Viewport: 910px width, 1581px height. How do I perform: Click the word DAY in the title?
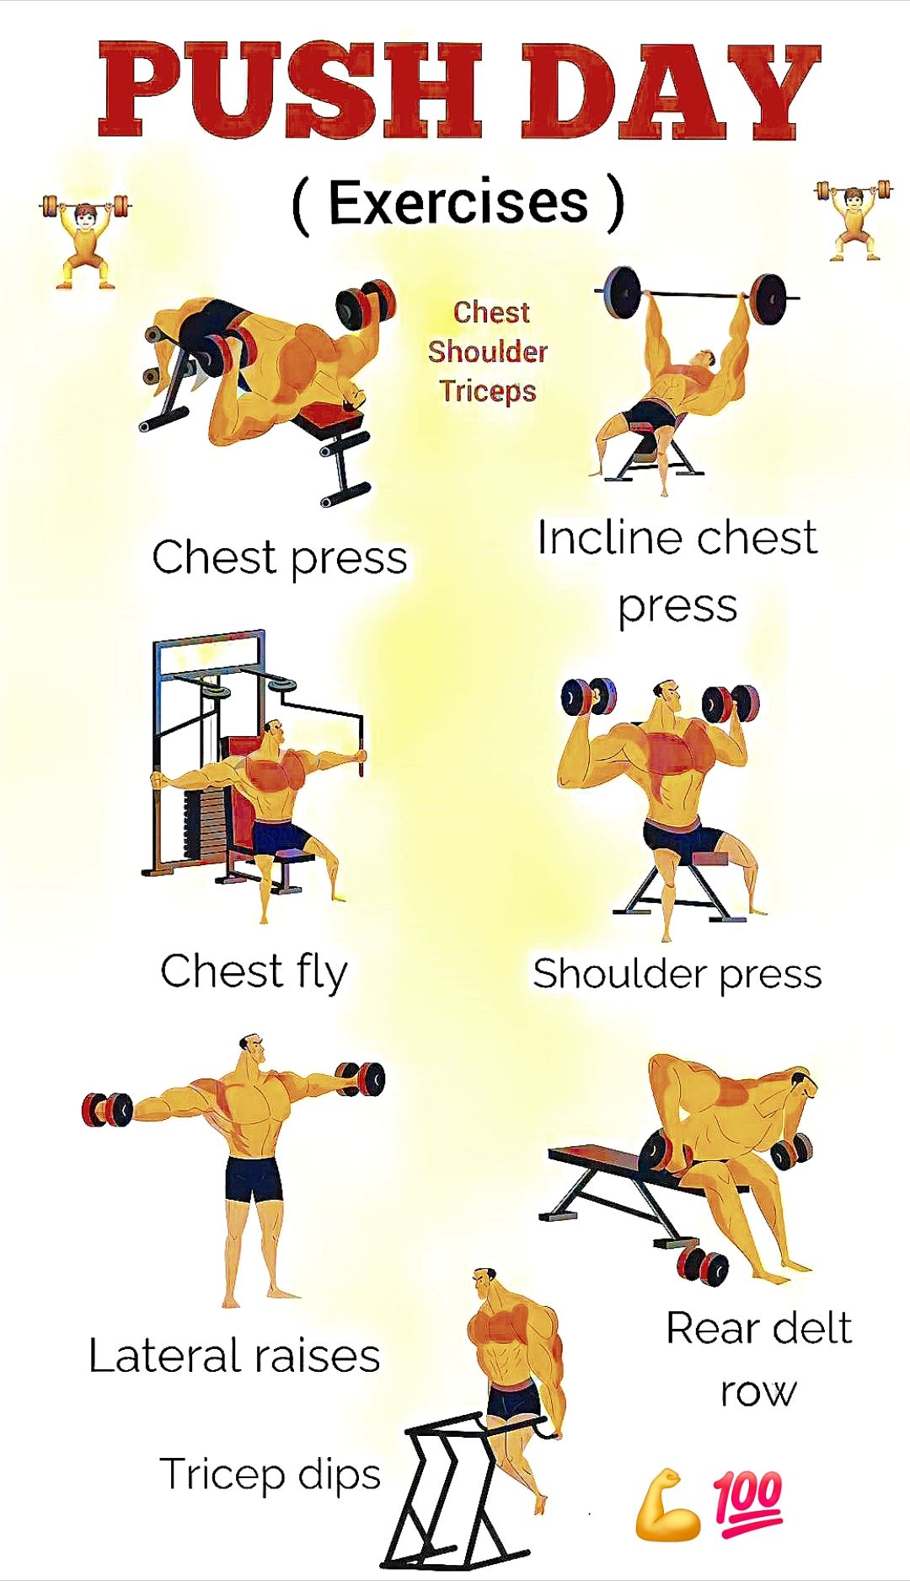(671, 91)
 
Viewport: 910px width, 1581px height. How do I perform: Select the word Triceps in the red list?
(488, 390)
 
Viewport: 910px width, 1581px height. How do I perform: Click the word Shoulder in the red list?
(488, 351)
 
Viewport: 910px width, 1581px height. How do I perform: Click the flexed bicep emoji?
(666, 1506)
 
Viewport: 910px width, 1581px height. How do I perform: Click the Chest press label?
(280, 558)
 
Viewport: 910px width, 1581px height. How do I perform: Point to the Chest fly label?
(254, 972)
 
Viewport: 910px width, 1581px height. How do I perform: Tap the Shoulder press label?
(677, 974)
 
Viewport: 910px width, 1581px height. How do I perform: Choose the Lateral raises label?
(234, 1356)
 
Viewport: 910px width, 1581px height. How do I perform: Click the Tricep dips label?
(270, 1475)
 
